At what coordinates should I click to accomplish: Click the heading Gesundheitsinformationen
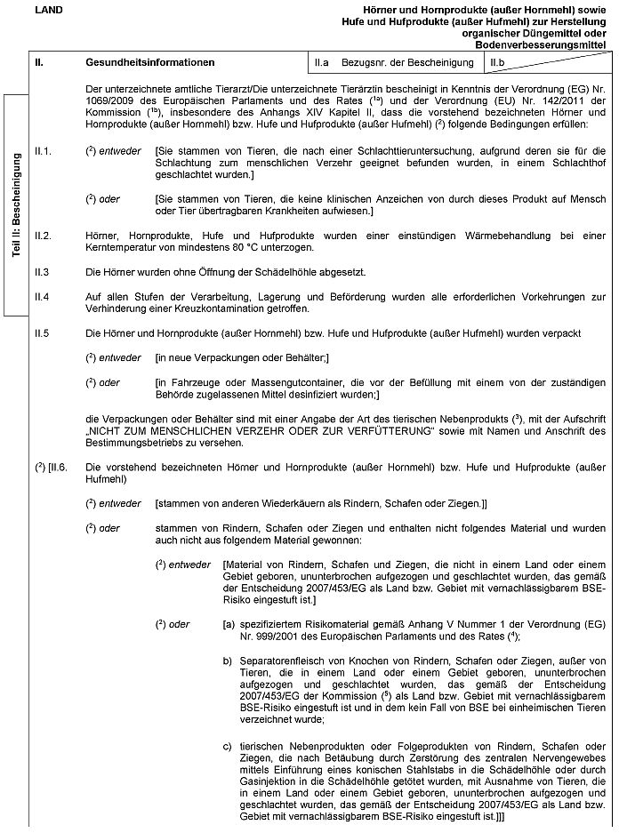[150, 63]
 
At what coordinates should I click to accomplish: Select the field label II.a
[321, 63]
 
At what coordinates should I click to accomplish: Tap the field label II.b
[497, 63]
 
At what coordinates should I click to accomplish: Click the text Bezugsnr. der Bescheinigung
[407, 63]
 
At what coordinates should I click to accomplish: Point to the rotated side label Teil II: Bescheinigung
[16, 205]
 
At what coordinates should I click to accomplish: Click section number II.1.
[42, 151]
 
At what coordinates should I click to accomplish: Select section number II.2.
[42, 236]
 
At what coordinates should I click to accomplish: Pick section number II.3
[41, 270]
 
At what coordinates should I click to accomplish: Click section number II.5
[41, 332]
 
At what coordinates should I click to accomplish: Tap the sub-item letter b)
[228, 661]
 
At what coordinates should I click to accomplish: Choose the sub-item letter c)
[228, 744]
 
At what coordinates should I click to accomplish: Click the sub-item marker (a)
[229, 624]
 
